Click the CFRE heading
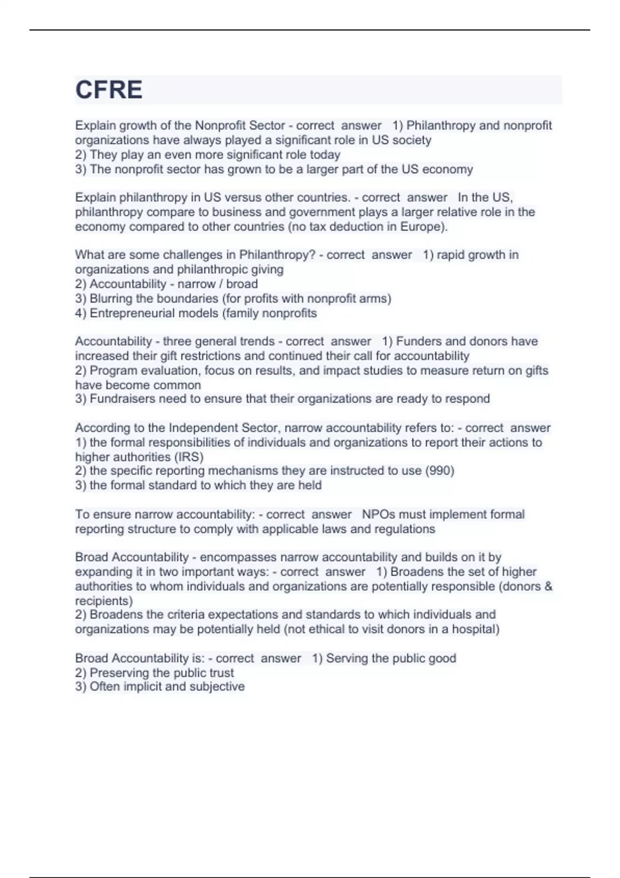coord(109,90)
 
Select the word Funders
coord(419,341)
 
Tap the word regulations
coord(404,529)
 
